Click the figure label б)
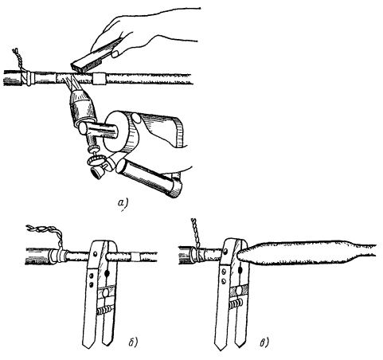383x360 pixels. pos(132,342)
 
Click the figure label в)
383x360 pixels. pos(264,342)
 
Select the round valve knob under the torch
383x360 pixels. pos(95,160)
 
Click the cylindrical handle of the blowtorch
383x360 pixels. pos(150,178)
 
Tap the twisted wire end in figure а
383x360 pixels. pos(18,60)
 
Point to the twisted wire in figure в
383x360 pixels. pos(196,233)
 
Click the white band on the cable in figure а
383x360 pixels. pos(100,79)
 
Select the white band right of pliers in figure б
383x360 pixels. pos(137,256)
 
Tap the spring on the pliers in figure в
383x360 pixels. pos(236,303)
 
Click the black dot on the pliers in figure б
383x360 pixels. pos(107,272)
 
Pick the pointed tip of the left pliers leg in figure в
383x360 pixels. pos(220,350)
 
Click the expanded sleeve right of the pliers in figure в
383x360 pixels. pos(305,252)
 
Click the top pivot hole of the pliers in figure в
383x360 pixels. pos(226,251)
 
